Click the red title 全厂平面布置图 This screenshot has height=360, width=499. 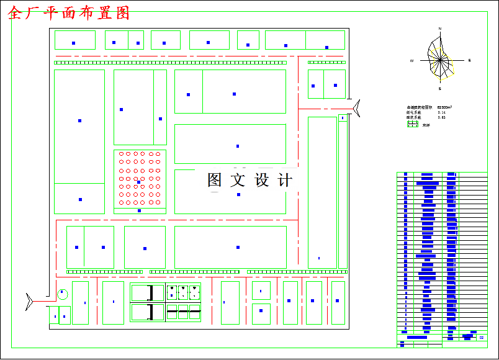[x=69, y=13]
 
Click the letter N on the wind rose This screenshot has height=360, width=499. [x=440, y=29]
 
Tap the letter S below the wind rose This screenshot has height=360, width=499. [x=440, y=89]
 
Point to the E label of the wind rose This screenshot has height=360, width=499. [x=469, y=60]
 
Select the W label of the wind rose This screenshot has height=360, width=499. [x=411, y=61]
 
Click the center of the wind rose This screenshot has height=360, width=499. [x=440, y=60]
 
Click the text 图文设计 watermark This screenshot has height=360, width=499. [x=249, y=180]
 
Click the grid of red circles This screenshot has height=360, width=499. [x=139, y=178]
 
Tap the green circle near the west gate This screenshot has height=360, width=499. [x=63, y=294]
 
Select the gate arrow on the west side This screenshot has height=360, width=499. [x=29, y=301]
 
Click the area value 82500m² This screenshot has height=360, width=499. [x=444, y=107]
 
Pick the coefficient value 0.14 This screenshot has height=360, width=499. [x=441, y=112]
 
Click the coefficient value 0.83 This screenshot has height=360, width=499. [x=441, y=117]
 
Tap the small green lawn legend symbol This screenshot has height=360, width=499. [x=412, y=124]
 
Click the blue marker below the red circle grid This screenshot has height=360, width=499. [x=139, y=210]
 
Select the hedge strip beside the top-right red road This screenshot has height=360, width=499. [x=326, y=62]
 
